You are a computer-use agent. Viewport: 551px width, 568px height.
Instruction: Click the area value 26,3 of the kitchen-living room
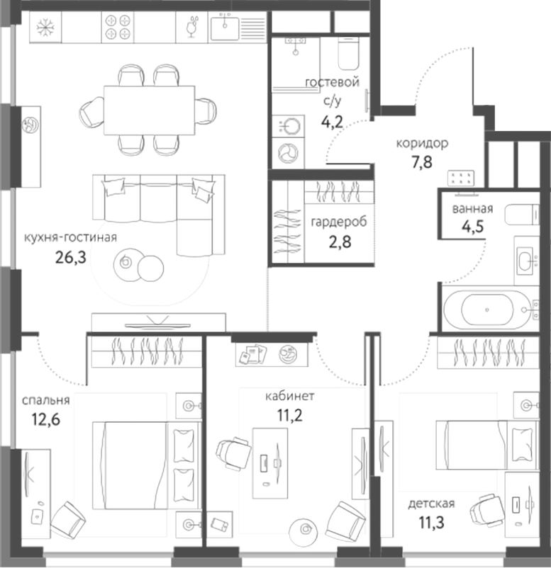pyautogui.click(x=70, y=256)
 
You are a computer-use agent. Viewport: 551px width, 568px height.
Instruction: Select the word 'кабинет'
pyautogui.click(x=291, y=396)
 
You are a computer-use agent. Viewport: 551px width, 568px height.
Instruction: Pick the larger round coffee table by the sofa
pyautogui.click(x=150, y=267)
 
